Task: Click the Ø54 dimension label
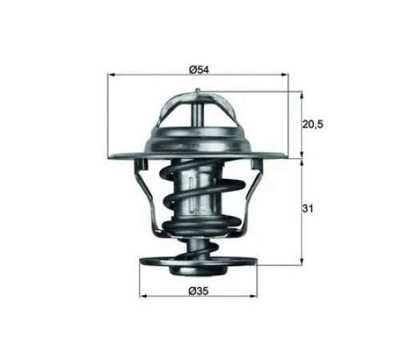[x=199, y=70]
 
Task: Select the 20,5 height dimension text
[x=313, y=124]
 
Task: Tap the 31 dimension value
[x=308, y=209]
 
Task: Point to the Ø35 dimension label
[x=198, y=291]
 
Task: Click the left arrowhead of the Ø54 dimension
[x=110, y=75]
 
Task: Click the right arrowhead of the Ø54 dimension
[x=285, y=75]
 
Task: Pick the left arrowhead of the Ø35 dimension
[x=143, y=296]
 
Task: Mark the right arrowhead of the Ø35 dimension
[x=254, y=296]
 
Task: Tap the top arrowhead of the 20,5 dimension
[x=302, y=95]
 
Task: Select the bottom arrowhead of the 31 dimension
[x=302, y=262]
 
